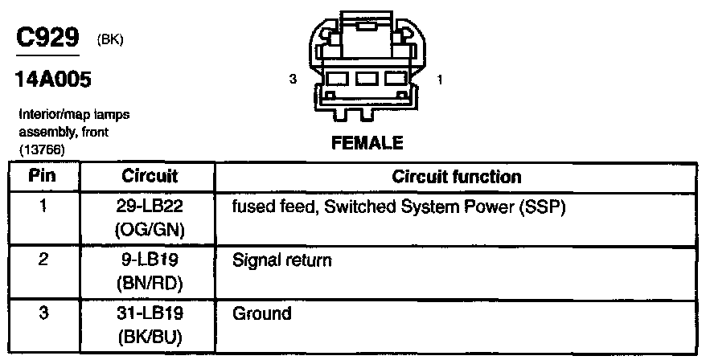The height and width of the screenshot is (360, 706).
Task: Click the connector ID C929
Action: pyautogui.click(x=47, y=39)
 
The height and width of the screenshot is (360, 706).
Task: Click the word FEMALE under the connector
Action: pyautogui.click(x=367, y=144)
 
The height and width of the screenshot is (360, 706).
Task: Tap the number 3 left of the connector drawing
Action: pyautogui.click(x=294, y=80)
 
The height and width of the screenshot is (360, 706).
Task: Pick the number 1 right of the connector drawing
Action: pyautogui.click(x=438, y=80)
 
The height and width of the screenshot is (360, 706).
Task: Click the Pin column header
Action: pyautogui.click(x=43, y=176)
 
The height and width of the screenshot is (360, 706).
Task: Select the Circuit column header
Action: pyautogui.click(x=150, y=176)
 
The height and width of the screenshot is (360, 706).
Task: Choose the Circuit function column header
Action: pyautogui.click(x=456, y=176)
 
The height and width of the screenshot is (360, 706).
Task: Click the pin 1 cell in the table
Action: pyautogui.click(x=43, y=206)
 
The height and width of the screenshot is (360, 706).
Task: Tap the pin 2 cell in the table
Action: pyautogui.click(x=43, y=260)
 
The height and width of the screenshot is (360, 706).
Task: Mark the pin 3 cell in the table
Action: pyautogui.click(x=43, y=313)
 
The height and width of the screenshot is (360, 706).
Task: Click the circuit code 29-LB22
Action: pyautogui.click(x=150, y=207)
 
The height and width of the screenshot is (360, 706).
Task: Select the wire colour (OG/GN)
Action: pyautogui.click(x=150, y=231)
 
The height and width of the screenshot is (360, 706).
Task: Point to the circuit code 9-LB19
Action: pyautogui.click(x=150, y=260)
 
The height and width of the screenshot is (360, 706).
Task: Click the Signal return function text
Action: pyautogui.click(x=281, y=260)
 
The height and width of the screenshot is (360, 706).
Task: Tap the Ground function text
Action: pyautogui.click(x=261, y=313)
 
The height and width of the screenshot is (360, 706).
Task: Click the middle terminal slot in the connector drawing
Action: pyautogui.click(x=367, y=80)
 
